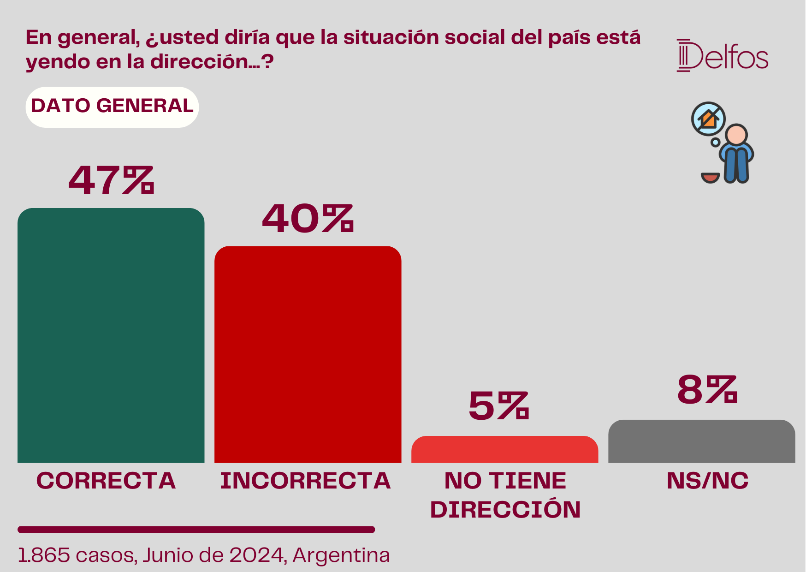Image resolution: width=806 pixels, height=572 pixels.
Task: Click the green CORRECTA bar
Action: click(x=111, y=335)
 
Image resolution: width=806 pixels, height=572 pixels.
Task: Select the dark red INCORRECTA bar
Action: click(x=308, y=354)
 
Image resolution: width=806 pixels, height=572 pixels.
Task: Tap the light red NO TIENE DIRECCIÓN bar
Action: click(x=504, y=449)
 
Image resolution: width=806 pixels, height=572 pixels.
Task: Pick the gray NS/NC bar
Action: click(x=701, y=441)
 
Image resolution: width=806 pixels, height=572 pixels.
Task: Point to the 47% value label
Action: click(x=111, y=179)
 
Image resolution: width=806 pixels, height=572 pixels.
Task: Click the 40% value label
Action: click(x=308, y=218)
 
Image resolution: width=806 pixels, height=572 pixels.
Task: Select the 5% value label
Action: click(x=498, y=406)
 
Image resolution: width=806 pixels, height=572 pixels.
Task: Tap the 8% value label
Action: click(x=707, y=390)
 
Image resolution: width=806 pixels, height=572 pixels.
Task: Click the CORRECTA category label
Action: click(x=106, y=481)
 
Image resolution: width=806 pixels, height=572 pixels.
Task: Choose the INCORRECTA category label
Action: click(x=305, y=481)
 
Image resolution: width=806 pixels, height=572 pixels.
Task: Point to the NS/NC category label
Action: click(x=708, y=481)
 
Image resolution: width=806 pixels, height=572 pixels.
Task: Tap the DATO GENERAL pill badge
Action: click(x=112, y=107)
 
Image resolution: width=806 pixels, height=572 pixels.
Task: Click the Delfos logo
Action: click(x=723, y=55)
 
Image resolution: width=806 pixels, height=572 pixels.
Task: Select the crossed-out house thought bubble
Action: click(x=708, y=119)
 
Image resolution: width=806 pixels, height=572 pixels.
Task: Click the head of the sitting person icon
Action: click(x=736, y=135)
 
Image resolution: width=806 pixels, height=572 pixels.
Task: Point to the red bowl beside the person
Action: click(x=710, y=178)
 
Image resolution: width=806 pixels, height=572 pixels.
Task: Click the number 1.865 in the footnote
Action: click(x=44, y=555)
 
